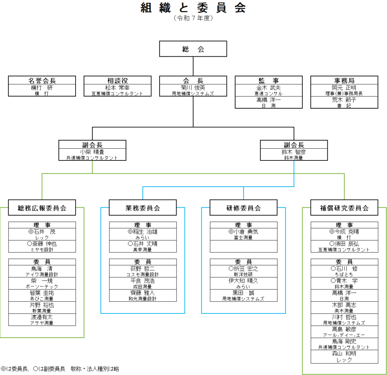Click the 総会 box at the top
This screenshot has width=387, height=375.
tap(193, 49)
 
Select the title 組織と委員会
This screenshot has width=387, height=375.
tap(193, 8)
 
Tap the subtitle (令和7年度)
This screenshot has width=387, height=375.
tap(193, 18)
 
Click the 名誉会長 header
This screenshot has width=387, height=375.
tap(42, 80)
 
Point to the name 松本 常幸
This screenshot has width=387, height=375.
tap(118, 87)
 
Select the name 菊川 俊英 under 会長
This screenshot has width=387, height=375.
tap(193, 87)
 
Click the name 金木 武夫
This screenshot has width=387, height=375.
tap(269, 87)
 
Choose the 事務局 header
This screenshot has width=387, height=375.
tap(344, 80)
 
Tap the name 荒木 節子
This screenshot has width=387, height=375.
tap(344, 100)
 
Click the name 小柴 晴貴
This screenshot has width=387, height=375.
tap(92, 152)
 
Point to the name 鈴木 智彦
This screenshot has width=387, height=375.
tap(294, 152)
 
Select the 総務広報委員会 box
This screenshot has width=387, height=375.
tap(42, 208)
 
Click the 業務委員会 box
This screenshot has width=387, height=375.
tap(142, 208)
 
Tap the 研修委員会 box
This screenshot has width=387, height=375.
tap(243, 208)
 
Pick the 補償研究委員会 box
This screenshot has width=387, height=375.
tap(344, 208)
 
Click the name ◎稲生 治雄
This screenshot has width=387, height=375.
tap(142, 232)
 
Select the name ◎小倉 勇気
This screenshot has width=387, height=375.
tap(243, 232)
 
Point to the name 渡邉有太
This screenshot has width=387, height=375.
tap(42, 317)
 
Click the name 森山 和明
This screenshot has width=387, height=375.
tap(344, 353)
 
